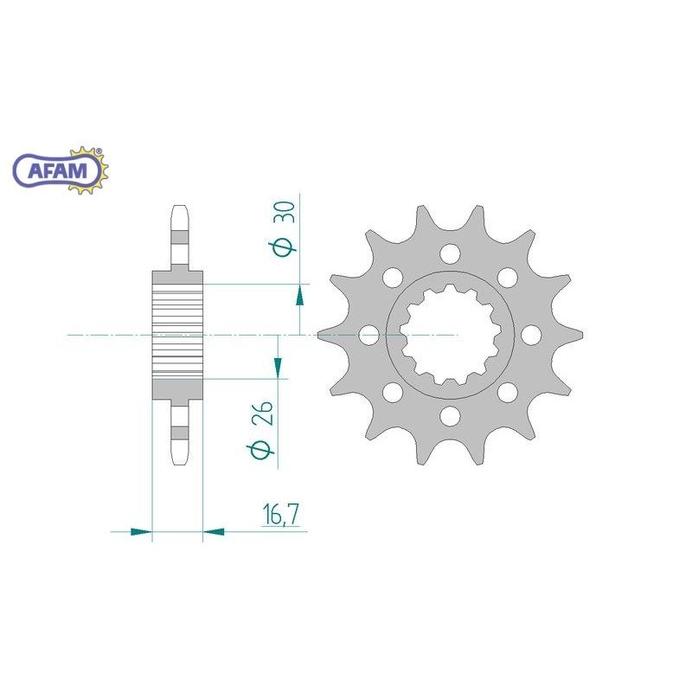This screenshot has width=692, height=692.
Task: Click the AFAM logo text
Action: pyautogui.click(x=58, y=170)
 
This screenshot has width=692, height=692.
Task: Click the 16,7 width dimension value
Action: pyautogui.click(x=280, y=515)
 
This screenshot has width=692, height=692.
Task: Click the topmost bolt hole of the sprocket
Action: pyautogui.click(x=450, y=254)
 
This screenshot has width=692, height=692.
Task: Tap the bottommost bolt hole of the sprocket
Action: pyautogui.click(x=450, y=416)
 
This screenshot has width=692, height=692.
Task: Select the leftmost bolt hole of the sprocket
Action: pyautogui.click(x=369, y=336)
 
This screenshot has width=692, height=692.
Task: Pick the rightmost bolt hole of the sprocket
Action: pyautogui.click(x=531, y=336)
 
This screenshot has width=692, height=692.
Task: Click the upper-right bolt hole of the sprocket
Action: pyautogui.click(x=508, y=278)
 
